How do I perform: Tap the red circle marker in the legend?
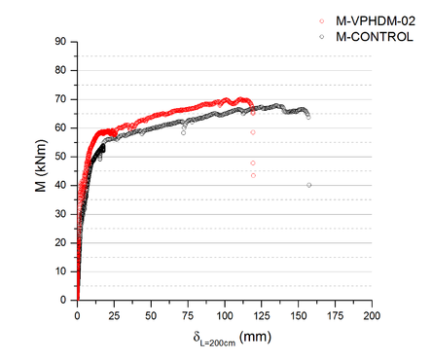click(x=321, y=19)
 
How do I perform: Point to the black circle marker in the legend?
click(x=321, y=35)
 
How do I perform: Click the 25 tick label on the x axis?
click(x=114, y=315)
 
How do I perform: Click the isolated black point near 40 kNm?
click(x=309, y=185)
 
